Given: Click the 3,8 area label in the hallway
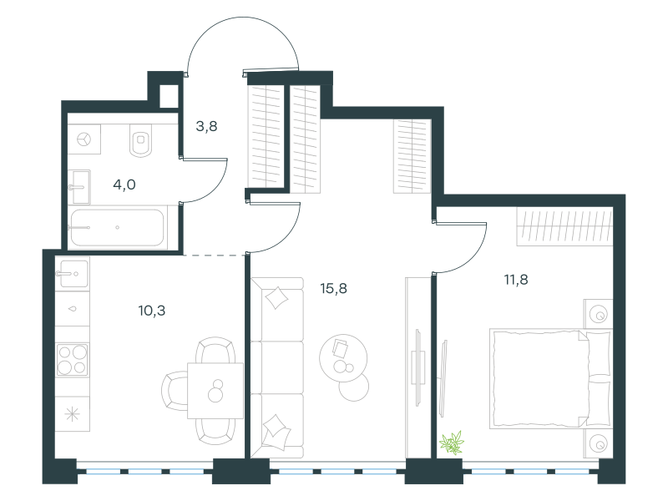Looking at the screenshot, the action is pyautogui.click(x=206, y=127).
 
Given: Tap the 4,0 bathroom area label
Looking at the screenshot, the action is pyautogui.click(x=124, y=185).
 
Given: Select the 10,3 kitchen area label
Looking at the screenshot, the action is pyautogui.click(x=152, y=311).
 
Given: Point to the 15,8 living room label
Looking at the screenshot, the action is pyautogui.click(x=333, y=289).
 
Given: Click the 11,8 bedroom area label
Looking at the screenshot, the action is pyautogui.click(x=516, y=280).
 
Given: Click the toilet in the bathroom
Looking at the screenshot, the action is pyautogui.click(x=141, y=140).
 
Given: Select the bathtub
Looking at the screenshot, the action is pyautogui.click(x=117, y=227).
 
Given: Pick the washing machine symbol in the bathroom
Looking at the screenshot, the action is pyautogui.click(x=84, y=139).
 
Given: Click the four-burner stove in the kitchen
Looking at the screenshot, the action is pyautogui.click(x=73, y=360).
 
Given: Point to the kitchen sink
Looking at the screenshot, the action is pyautogui.click(x=73, y=274).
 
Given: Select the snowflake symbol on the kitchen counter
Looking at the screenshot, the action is pyautogui.click(x=73, y=414).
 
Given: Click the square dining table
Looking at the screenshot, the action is pyautogui.click(x=215, y=390).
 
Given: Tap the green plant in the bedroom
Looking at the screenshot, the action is pyautogui.click(x=452, y=443).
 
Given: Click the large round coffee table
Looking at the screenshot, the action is pyautogui.click(x=343, y=358).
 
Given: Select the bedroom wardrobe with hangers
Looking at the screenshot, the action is pyautogui.click(x=565, y=226).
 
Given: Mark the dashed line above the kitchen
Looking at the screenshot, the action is pyautogui.click(x=215, y=256).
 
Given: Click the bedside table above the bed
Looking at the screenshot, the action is pyautogui.click(x=598, y=314).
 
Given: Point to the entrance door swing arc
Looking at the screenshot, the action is pyautogui.click(x=243, y=18).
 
